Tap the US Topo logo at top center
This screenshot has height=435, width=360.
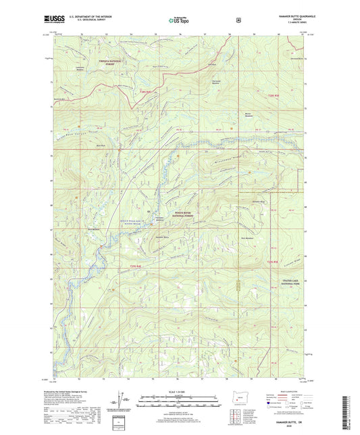[x=179, y=20]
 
